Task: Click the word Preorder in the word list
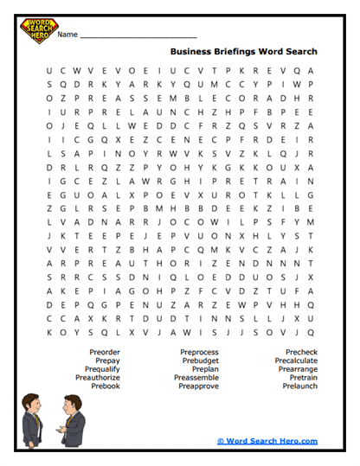(104, 352)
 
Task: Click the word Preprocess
(201, 352)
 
